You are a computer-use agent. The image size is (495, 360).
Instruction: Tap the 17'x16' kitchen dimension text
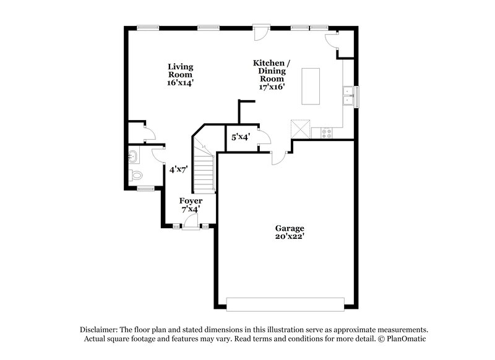(271, 87)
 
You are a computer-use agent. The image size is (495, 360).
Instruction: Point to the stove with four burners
(325, 132)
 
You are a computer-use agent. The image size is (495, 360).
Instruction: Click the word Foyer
(190, 201)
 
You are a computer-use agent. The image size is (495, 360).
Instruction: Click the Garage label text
(290, 228)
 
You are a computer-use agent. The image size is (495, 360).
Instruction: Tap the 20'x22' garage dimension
(290, 236)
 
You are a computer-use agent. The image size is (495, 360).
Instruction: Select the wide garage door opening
(285, 304)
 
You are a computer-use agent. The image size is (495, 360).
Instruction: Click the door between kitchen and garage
(279, 157)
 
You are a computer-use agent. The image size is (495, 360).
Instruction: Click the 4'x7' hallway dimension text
(178, 168)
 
